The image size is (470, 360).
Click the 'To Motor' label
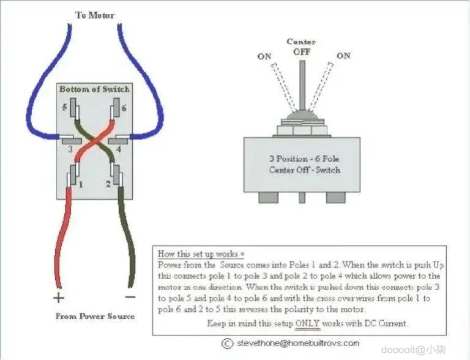coord(94,15)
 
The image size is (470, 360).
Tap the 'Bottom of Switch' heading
coord(94,89)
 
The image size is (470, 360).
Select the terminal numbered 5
coord(74,110)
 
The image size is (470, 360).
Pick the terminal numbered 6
coord(114,110)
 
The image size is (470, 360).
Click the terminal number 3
coord(69,149)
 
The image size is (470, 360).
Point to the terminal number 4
coord(118,149)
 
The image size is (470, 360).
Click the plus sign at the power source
coord(59,298)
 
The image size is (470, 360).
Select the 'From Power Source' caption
coord(95,317)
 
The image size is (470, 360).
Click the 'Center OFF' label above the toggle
coord(301,47)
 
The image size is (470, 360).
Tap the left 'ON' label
coord(264,56)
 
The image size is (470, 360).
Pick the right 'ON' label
coord(343,56)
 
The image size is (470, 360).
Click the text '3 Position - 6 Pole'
coord(304,159)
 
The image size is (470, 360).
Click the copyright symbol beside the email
coord(227,343)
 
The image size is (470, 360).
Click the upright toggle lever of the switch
coord(301,86)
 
